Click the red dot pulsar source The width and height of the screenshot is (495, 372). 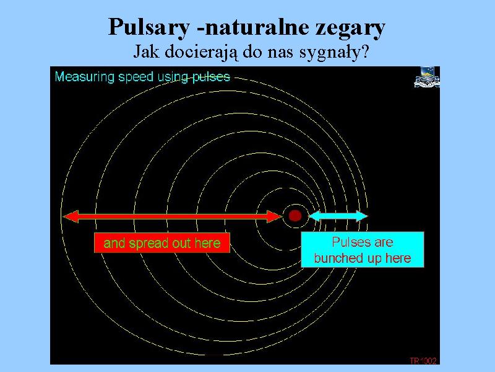[295, 216]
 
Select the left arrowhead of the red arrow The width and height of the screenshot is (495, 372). [71, 216]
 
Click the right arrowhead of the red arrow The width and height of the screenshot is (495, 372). [274, 216]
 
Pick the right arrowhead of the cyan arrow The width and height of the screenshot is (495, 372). [362, 216]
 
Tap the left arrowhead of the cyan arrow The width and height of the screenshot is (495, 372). [314, 216]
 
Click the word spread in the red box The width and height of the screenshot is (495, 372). [148, 244]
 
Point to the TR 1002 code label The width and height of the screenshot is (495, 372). [423, 361]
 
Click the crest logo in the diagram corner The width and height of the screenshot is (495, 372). [427, 77]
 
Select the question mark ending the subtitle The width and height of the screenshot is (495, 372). [365, 51]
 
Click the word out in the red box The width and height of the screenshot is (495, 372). [181, 243]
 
